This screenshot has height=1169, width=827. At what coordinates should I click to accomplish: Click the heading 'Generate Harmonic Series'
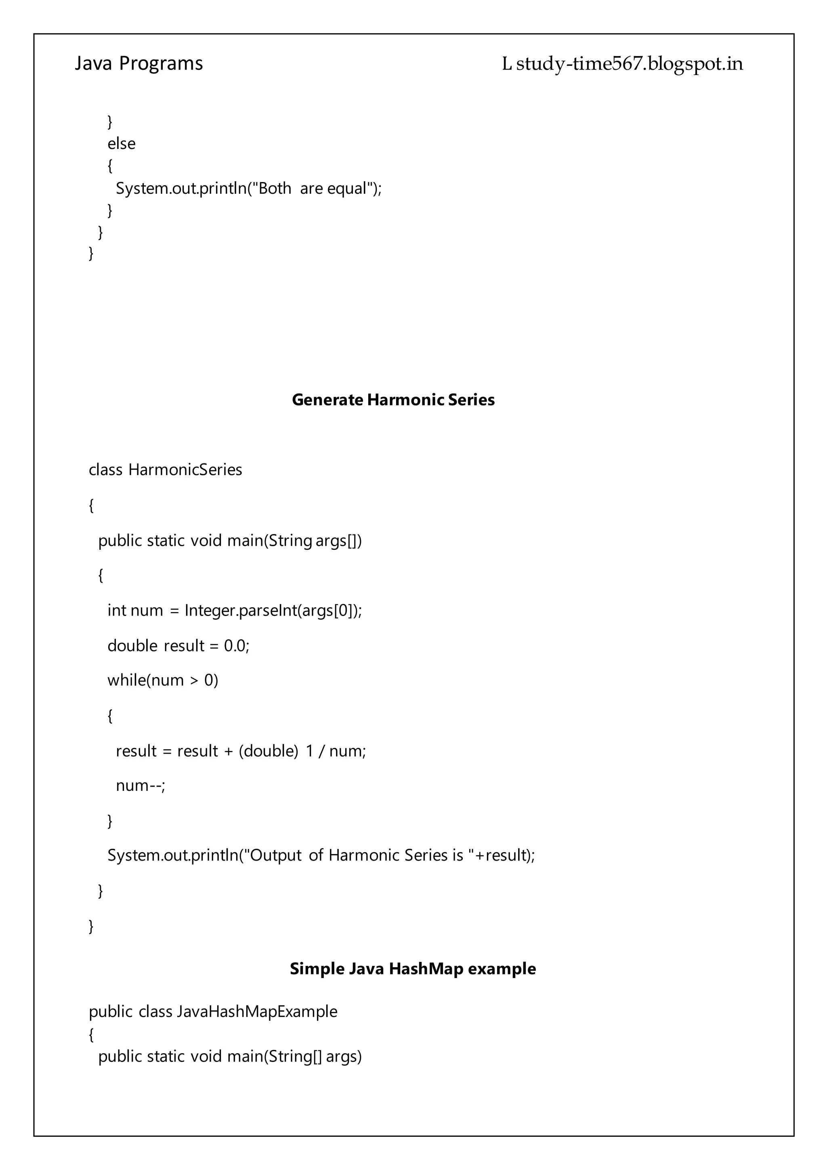pos(393,400)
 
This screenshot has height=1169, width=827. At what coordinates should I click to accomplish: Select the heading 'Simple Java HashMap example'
pos(412,968)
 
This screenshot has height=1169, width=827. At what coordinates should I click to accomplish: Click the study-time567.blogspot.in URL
pos(630,64)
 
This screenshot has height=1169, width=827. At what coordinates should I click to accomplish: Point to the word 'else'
pos(121,144)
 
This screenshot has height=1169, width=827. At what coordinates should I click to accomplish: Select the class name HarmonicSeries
pos(185,469)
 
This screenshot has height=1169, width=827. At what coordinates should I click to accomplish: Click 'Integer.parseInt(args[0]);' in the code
pos(273,610)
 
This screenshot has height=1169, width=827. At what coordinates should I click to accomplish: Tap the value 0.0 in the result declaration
pos(234,645)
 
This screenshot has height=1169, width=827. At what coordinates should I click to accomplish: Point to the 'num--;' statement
pos(141,786)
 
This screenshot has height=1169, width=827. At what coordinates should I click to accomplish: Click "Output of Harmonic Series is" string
pos(359,855)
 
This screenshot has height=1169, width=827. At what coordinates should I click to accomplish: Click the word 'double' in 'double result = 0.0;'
pos(132,645)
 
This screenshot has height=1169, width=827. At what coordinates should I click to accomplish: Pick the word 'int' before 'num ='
pos(117,610)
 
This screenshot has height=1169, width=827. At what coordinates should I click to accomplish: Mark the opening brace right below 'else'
pos(110,166)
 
